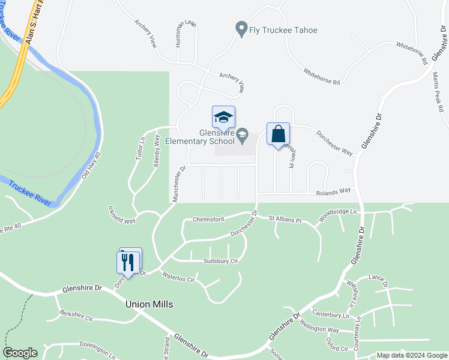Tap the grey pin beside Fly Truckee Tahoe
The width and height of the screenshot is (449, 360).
(241, 29)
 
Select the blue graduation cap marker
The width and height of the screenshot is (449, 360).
(223, 118)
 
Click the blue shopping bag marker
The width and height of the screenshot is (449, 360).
(278, 134)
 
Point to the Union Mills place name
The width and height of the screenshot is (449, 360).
(149, 304)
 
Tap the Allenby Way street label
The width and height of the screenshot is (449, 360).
(157, 155)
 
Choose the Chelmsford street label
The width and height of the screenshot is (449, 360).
(209, 219)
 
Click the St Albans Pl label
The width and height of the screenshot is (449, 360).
(284, 220)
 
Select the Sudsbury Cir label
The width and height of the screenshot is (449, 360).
(220, 261)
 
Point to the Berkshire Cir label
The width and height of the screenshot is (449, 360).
(76, 316)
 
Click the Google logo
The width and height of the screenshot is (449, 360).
(20, 353)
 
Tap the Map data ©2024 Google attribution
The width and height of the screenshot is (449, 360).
(411, 355)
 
